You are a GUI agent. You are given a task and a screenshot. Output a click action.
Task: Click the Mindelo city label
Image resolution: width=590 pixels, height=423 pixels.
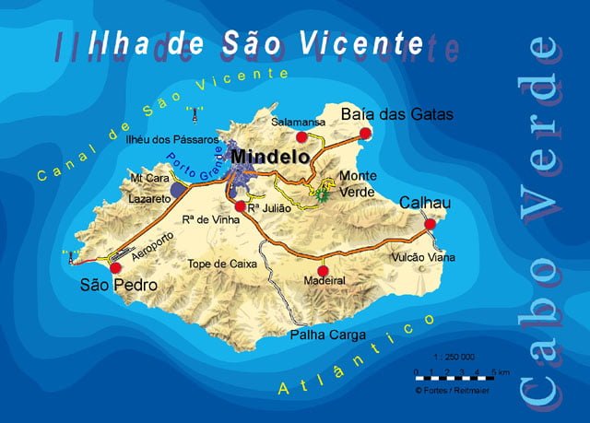270,158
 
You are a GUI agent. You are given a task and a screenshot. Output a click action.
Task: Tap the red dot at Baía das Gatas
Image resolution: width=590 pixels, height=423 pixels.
365,134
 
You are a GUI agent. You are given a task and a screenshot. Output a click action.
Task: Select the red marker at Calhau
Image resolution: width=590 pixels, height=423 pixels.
430,223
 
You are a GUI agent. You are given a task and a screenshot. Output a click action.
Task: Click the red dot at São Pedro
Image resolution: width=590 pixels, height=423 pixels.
116,267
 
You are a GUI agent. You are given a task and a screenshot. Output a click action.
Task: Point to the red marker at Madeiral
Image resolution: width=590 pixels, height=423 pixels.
323,270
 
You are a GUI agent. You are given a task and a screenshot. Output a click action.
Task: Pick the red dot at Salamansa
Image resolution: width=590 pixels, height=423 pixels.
301,136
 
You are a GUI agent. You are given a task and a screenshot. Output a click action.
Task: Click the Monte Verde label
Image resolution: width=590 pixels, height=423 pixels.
357,182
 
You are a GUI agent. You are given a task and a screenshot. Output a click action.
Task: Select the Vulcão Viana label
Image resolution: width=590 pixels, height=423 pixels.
423,258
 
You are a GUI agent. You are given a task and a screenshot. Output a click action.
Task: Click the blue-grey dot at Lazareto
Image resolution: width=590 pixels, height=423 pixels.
177,187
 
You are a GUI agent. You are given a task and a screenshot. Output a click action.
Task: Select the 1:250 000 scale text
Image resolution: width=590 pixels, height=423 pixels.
454,356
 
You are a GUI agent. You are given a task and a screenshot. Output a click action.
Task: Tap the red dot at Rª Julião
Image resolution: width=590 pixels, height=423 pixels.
241,206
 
